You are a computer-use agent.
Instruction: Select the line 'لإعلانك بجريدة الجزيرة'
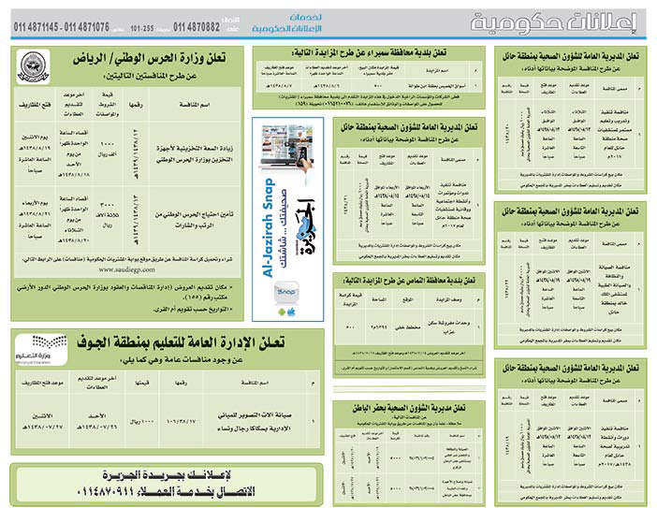tap(168, 472)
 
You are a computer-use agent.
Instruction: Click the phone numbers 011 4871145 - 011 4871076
tap(62, 27)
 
